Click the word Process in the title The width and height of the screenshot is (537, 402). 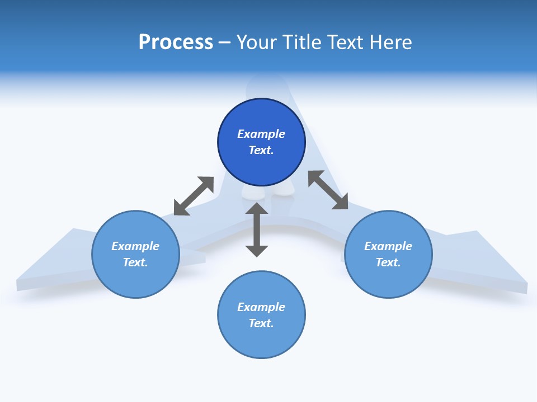point(176,42)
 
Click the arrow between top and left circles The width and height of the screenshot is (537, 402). point(194,196)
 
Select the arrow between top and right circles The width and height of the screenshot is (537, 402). point(328,190)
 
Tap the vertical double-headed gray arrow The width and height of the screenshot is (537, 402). point(257,229)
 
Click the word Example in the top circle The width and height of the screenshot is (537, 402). point(261,134)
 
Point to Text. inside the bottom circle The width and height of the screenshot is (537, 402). point(261,323)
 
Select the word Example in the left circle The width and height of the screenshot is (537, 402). point(135,246)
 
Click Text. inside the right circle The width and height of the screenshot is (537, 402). point(388,262)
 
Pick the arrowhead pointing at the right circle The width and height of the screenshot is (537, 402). point(341,203)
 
